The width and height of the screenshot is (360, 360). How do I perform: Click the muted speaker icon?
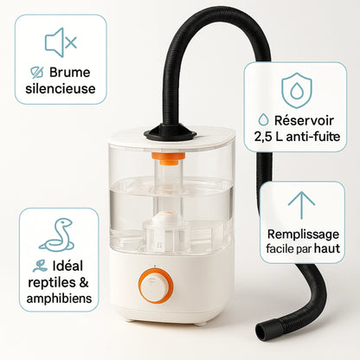(x=60, y=42)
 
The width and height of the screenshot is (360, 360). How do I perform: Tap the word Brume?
(x=69, y=72)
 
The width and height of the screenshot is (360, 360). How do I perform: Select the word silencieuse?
(x=61, y=88)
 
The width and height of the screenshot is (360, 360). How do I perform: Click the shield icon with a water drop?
(x=297, y=90)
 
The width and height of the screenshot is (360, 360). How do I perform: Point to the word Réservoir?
(x=304, y=120)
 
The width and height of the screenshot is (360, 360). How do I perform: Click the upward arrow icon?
(x=301, y=205)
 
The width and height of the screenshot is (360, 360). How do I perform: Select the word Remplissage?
(x=303, y=235)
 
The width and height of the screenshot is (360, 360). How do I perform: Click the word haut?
(x=327, y=248)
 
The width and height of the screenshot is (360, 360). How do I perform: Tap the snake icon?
(x=57, y=235)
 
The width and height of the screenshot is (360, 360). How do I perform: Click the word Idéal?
(x=67, y=266)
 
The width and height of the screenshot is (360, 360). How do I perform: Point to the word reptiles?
(x=51, y=282)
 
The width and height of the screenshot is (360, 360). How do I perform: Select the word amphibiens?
(x=59, y=299)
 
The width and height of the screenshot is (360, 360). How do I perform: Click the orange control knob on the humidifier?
(x=156, y=286)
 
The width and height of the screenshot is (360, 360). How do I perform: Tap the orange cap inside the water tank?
(x=169, y=158)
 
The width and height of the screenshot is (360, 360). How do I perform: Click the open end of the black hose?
(x=262, y=331)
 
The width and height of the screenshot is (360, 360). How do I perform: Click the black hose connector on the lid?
(x=170, y=132)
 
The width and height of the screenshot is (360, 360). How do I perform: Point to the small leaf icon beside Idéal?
(x=40, y=266)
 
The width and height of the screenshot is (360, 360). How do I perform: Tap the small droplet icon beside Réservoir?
(x=263, y=120)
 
